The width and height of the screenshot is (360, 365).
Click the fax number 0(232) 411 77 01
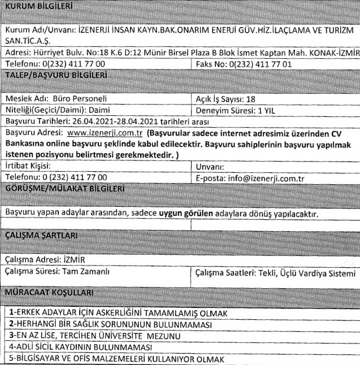click(260, 64)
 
